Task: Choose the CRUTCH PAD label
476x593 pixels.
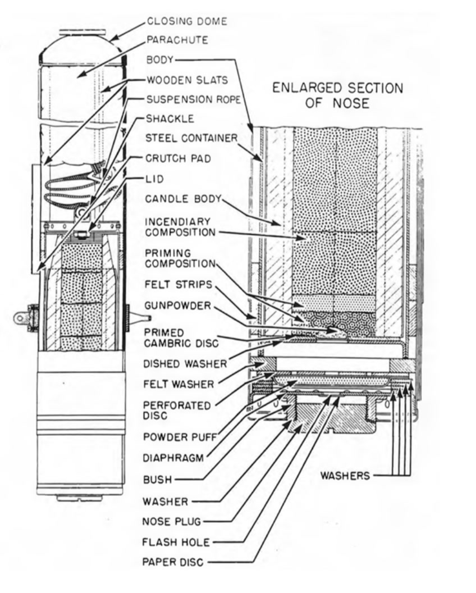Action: pos(171,159)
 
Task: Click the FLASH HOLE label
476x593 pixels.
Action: pos(174,541)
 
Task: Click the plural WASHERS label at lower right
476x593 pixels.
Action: pos(345,476)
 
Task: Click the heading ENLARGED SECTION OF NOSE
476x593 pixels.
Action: pos(337,95)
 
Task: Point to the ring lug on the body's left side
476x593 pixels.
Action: pos(23,318)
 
